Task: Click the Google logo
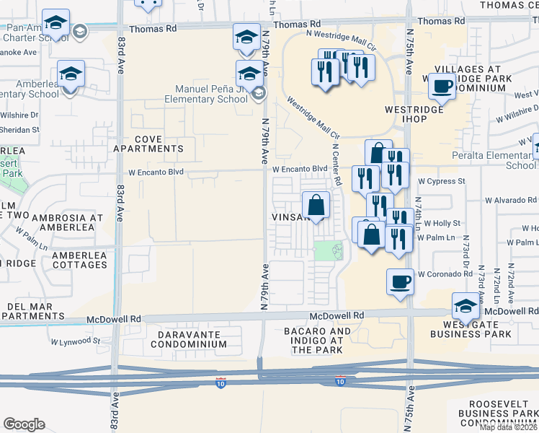tap(24, 424)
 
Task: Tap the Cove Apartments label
tap(148, 143)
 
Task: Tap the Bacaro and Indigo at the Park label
tap(321, 341)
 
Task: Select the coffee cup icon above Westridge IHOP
tap(442, 87)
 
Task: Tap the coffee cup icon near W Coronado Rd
tap(400, 281)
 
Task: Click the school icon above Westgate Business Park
tap(465, 306)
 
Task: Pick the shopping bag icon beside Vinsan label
tap(316, 205)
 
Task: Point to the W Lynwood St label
tap(76, 340)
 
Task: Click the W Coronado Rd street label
tap(447, 274)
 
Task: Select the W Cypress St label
tap(442, 181)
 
